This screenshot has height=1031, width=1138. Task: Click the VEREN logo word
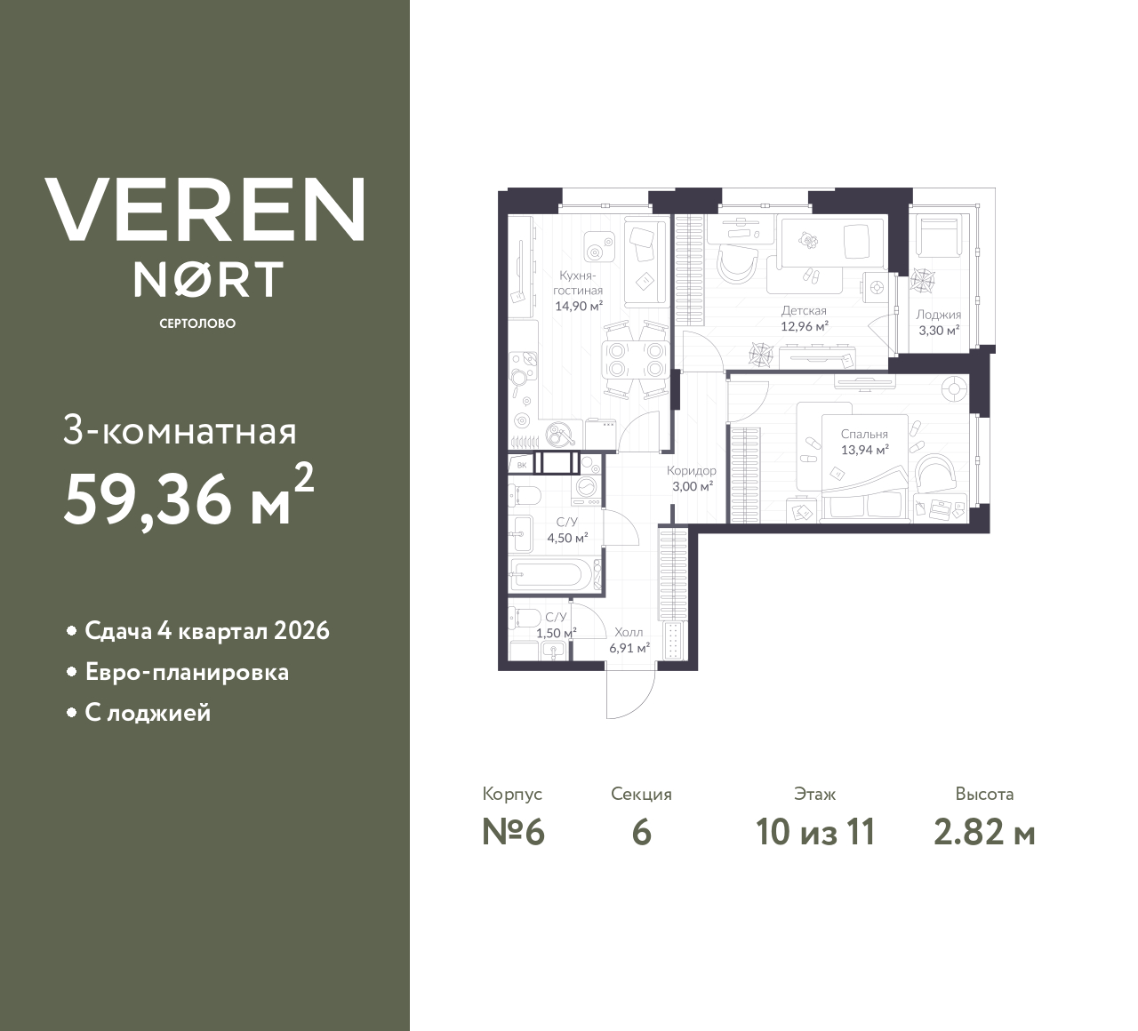tap(204, 210)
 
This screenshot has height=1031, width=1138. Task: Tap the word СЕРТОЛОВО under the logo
tap(197, 324)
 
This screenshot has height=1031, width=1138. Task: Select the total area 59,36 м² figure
tap(188, 500)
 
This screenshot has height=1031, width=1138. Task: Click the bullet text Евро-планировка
tap(187, 672)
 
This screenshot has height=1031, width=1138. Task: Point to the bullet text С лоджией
tap(148, 713)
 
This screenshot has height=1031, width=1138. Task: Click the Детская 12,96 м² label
tap(804, 319)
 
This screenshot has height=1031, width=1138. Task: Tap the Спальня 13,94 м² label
tap(864, 442)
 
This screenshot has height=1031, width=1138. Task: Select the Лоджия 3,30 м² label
tap(938, 323)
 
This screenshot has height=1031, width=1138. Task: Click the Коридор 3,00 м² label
tap(692, 478)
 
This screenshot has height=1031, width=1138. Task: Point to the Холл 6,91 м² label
tap(628, 640)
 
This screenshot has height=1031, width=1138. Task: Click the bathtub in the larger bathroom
tap(549, 573)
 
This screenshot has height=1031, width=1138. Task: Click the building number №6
tap(512, 833)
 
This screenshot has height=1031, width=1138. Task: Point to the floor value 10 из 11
tap(815, 833)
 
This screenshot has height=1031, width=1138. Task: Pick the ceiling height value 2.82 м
tap(984, 833)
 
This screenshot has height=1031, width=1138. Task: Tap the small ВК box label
tap(522, 464)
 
